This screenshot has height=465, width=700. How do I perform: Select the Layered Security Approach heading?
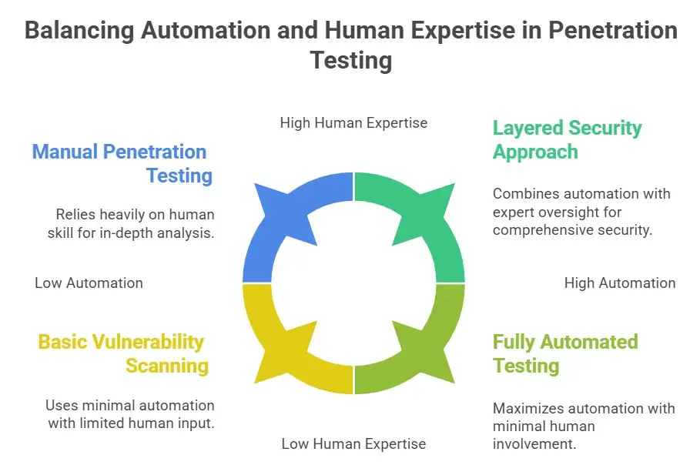point(567,139)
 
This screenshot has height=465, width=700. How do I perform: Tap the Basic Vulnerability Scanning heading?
point(122,353)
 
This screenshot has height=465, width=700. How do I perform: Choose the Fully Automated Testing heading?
point(565,353)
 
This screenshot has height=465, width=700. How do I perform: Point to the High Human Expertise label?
point(353,122)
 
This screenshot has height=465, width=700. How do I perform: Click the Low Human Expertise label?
point(353,443)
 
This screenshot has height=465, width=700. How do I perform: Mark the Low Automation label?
point(89,283)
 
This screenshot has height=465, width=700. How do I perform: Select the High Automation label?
point(620,283)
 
